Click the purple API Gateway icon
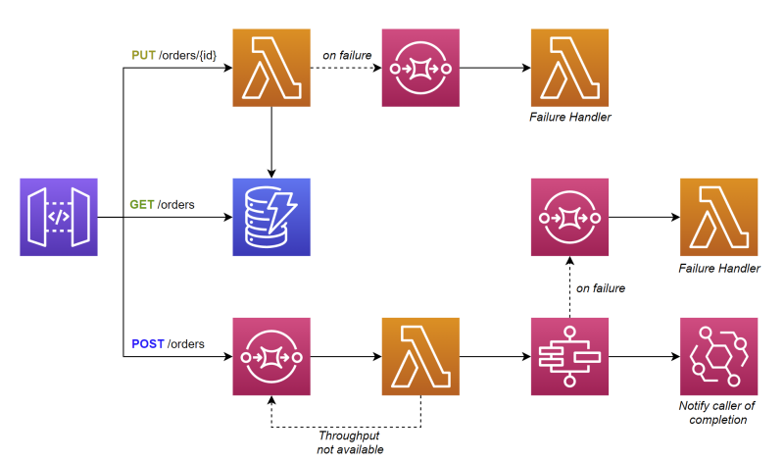click(x=59, y=217)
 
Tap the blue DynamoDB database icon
click(x=270, y=217)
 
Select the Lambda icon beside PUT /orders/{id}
click(x=270, y=68)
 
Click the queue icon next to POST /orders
click(x=270, y=356)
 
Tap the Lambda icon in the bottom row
click(x=420, y=356)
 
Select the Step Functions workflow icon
click(x=569, y=356)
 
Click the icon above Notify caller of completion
click(x=718, y=356)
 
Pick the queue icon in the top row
click(x=420, y=68)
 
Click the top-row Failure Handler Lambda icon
click(x=569, y=68)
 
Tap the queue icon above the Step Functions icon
click(x=569, y=217)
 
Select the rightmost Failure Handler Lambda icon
click(x=718, y=217)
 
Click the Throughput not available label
click(x=349, y=442)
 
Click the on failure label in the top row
click(x=347, y=55)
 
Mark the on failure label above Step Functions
click(x=601, y=287)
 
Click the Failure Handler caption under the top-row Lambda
click(x=569, y=118)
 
